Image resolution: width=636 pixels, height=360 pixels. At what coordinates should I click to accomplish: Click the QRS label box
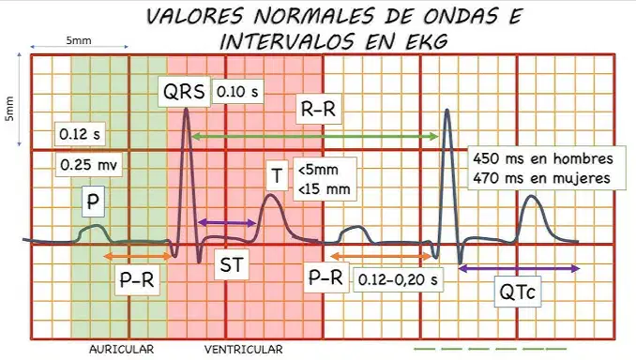pos(184,92)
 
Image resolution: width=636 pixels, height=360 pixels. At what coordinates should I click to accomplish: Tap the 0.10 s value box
pos(237,92)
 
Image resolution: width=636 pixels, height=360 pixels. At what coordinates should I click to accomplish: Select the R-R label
pos(318,109)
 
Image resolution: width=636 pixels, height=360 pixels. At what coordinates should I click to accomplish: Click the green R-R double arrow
pos(315,137)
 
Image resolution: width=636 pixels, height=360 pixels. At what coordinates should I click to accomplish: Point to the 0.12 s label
pos(80,134)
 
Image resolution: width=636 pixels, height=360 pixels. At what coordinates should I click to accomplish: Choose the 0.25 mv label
pos(88,165)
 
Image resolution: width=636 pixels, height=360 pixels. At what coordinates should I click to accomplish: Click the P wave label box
pos(93,201)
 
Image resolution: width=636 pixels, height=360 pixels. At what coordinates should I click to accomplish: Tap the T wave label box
pos(277,175)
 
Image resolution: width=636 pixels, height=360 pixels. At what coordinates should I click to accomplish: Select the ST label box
pos(231,264)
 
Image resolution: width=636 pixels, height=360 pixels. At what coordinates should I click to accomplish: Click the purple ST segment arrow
pos(227,222)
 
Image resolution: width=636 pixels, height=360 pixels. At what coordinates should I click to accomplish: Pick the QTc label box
pos(518,292)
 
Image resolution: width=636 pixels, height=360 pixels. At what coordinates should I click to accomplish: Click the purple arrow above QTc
pos(519,268)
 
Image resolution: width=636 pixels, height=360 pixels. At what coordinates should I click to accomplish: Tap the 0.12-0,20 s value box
pos(398,279)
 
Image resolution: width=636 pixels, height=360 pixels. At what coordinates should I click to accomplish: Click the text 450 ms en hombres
pos(543,158)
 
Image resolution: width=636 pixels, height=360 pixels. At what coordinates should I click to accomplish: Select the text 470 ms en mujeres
pos(541,178)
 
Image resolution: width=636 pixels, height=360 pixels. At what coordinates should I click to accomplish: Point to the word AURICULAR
pos(122,349)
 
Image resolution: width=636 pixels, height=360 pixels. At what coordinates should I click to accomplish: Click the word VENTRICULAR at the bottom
pos(243,349)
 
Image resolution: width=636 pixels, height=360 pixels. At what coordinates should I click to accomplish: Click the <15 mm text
pos(324,189)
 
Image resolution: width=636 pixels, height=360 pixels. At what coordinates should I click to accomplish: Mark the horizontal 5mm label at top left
pos(79,40)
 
